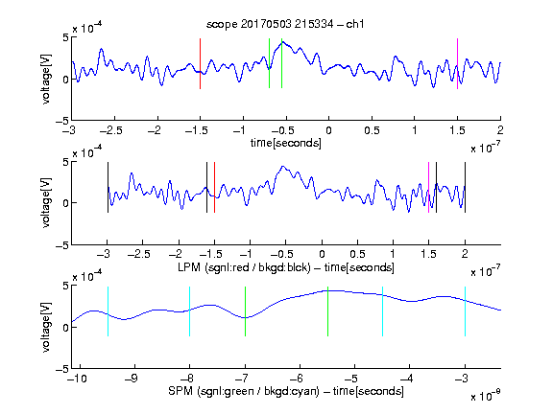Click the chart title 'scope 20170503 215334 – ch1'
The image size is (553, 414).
[285, 24]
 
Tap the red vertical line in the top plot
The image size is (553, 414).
[200, 63]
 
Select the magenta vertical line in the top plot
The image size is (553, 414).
[457, 63]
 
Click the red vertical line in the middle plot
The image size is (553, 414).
[214, 187]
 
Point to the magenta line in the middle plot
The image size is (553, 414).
[428, 187]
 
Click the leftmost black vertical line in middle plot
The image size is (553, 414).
[108, 187]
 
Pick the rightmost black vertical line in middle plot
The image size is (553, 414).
[465, 187]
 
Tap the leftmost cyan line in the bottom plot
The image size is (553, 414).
[108, 311]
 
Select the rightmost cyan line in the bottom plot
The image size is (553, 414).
[465, 311]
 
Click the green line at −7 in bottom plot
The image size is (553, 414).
[245, 311]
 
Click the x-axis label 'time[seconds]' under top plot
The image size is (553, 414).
[286, 143]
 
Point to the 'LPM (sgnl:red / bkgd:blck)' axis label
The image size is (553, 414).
[244, 267]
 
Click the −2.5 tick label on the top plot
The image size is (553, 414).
[110, 130]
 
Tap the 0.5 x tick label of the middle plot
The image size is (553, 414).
[357, 254]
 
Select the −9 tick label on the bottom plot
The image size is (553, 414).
[132, 379]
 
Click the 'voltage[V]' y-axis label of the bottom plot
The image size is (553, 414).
[46, 327]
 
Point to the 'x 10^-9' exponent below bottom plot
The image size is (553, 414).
[486, 396]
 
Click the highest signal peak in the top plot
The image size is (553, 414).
[282, 42]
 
